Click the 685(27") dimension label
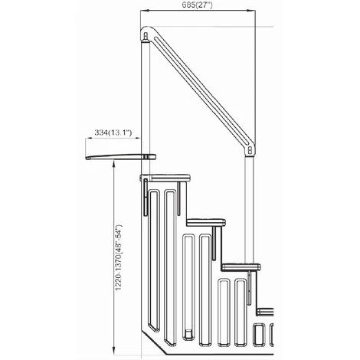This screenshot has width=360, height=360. pos(198,6)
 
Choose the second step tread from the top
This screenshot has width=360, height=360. pos(206,222)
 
